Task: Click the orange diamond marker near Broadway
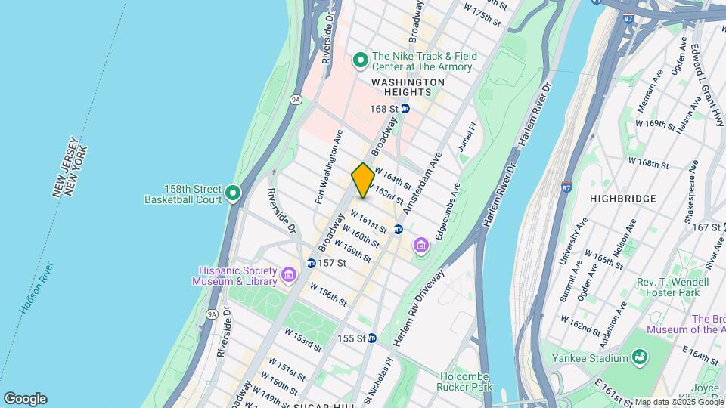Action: tap(363, 181)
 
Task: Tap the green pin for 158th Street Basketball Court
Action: tap(234, 194)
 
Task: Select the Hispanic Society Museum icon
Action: tap(288, 276)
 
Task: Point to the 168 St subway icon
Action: tap(405, 109)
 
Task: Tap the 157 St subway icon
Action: tap(311, 263)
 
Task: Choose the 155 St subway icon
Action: tap(372, 338)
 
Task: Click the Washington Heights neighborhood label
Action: tap(408, 87)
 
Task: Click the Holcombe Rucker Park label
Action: tap(465, 382)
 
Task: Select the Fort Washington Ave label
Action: tap(329, 166)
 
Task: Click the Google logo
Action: tap(25, 399)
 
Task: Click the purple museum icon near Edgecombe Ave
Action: tap(420, 246)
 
